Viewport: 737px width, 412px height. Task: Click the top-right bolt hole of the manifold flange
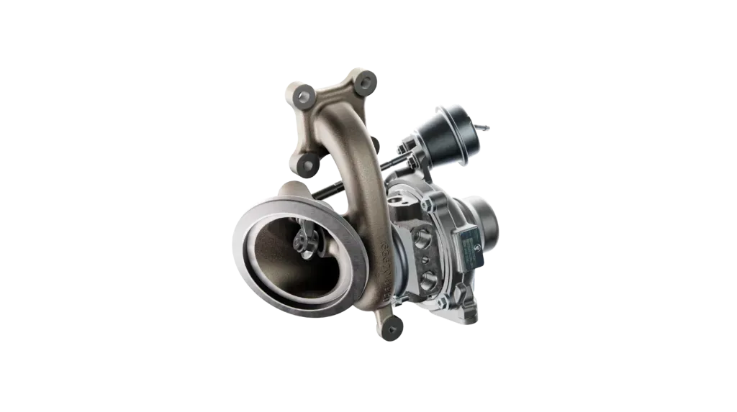point(366,81)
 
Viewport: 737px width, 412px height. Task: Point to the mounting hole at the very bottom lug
point(392,329)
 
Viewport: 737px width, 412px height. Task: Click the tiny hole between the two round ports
point(428,257)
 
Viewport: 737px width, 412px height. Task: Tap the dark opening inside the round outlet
point(288,266)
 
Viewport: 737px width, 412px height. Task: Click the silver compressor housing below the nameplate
point(461,295)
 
